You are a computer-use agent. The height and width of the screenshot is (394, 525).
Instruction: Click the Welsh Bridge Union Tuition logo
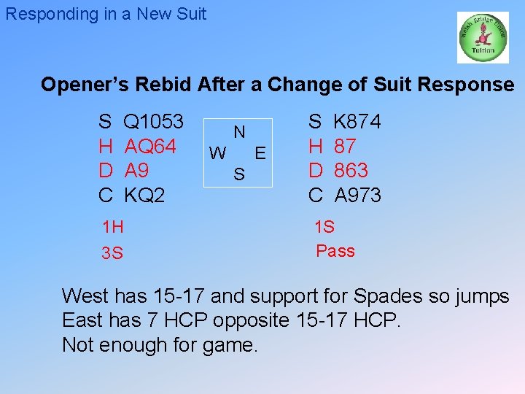[x=482, y=37]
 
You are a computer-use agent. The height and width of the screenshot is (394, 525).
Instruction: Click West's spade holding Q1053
[x=154, y=122]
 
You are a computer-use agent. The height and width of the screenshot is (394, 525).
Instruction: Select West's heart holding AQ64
[x=150, y=147]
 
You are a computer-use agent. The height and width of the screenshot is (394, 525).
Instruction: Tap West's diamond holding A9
[x=137, y=171]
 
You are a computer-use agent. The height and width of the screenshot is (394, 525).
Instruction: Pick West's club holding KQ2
[x=144, y=196]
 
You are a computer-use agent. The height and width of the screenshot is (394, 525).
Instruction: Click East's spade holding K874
[x=357, y=122]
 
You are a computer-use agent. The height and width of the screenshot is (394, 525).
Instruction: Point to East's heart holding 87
[x=345, y=147]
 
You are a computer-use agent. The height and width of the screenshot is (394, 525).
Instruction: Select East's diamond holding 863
[x=351, y=171]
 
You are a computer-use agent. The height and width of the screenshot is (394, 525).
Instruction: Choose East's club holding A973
[x=357, y=196]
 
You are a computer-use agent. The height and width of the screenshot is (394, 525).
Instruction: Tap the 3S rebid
[x=112, y=253]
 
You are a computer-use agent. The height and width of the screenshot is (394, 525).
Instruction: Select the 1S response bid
[x=324, y=226]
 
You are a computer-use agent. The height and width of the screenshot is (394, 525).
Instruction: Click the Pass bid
[x=335, y=251]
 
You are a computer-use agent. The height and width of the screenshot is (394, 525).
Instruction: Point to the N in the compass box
[x=238, y=132]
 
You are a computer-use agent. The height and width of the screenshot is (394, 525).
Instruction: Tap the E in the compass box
[x=260, y=153]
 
